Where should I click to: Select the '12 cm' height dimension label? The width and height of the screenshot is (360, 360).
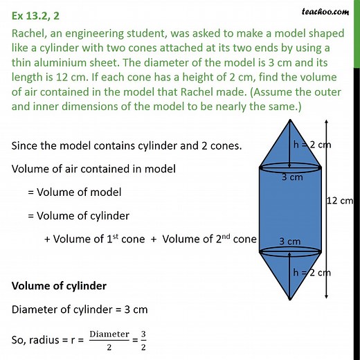(340, 200)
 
